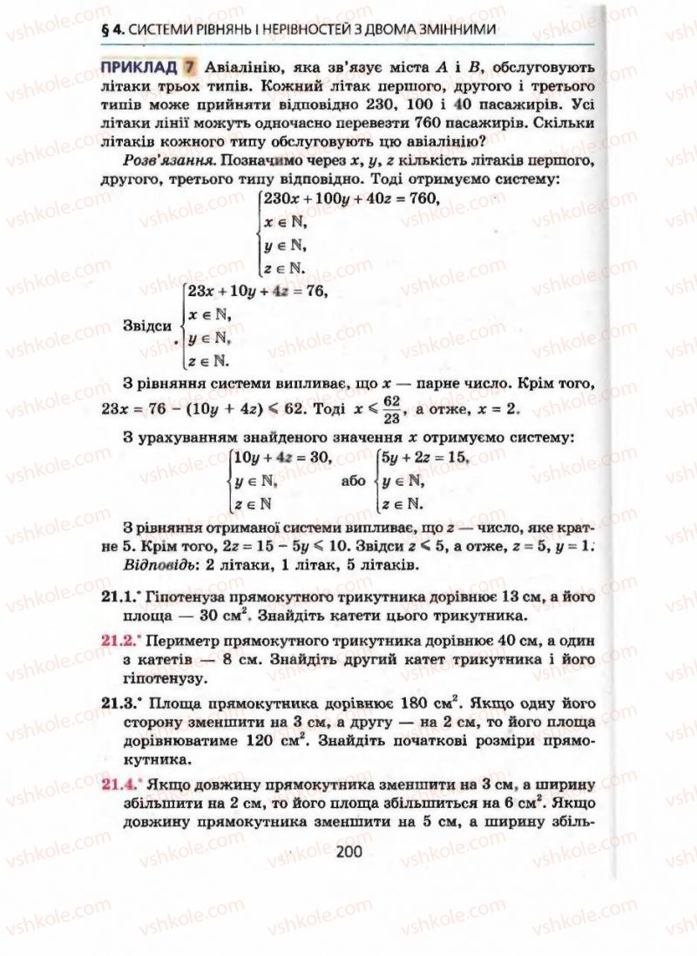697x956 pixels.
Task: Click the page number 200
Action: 348,851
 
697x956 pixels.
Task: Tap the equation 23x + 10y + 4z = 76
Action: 261,292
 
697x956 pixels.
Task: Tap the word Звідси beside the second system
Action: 148,326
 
